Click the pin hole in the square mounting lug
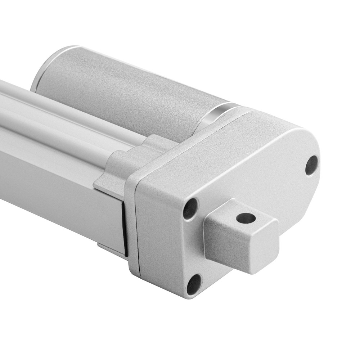[x=246, y=218]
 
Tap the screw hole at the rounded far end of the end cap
[x=311, y=165]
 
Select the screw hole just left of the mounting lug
[x=190, y=209]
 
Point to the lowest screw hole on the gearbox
[x=194, y=284]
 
